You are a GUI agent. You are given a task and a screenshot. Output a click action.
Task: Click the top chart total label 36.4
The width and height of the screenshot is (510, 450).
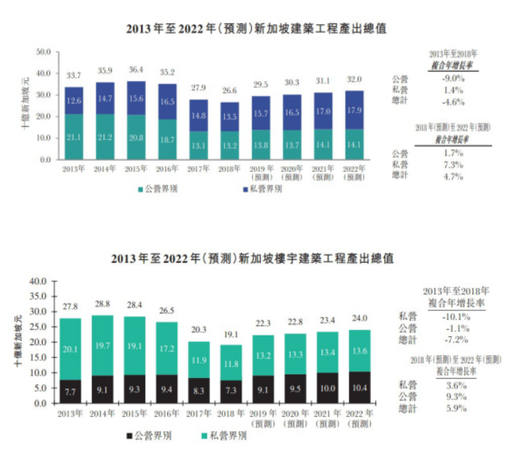tap(136, 70)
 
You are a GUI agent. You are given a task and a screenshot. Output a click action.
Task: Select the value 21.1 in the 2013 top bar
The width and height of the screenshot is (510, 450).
tap(74, 137)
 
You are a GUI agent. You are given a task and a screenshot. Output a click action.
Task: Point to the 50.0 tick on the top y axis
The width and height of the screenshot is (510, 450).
tap(43, 51)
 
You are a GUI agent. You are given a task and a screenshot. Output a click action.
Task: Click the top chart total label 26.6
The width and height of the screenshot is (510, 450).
tap(231, 91)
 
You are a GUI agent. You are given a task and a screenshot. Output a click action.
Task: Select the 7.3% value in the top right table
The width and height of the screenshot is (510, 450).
tap(454, 165)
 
